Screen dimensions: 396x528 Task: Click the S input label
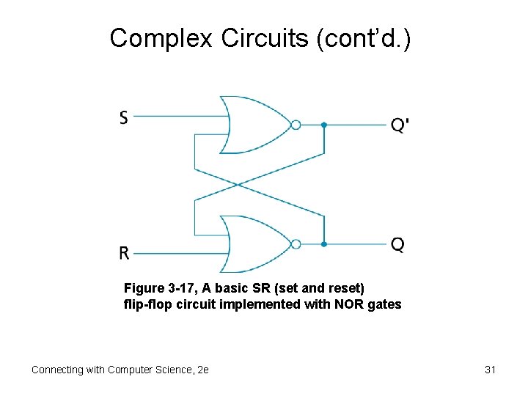[x=124, y=117]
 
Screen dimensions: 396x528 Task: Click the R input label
[x=125, y=253]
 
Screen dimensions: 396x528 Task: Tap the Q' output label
[x=400, y=125]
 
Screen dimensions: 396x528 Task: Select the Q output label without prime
[x=397, y=244]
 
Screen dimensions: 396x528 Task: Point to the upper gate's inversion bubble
[x=296, y=125]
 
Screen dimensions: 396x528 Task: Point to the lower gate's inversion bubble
[x=296, y=244]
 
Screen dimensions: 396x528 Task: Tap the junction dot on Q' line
[x=323, y=125]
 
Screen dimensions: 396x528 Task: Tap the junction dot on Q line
[x=323, y=244]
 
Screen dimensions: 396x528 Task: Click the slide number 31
[x=491, y=370]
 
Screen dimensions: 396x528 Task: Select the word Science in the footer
[x=172, y=370]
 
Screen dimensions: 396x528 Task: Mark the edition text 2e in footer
[x=203, y=370]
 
